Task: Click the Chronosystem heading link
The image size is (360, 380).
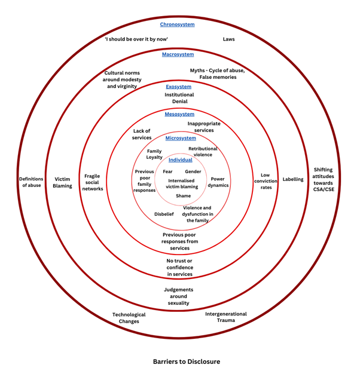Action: [x=177, y=24]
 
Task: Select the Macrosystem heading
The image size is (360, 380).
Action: [x=178, y=54]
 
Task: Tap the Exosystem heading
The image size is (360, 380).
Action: [x=179, y=87]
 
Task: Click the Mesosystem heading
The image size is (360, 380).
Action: [x=179, y=114]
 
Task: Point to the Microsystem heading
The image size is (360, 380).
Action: [x=181, y=138]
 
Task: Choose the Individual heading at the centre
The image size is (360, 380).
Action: [x=180, y=160]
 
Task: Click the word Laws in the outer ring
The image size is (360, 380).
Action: [x=228, y=39]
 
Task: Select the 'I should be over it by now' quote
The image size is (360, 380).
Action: [x=136, y=39]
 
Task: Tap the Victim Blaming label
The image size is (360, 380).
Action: [x=62, y=182]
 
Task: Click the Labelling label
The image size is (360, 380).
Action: [x=293, y=179]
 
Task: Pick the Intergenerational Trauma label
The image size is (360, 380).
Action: [x=226, y=317]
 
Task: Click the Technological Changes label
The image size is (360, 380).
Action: [x=129, y=318]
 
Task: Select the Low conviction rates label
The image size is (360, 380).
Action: [x=266, y=181]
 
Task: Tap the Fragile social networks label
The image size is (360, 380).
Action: [x=93, y=182]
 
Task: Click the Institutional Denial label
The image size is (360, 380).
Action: [x=179, y=98]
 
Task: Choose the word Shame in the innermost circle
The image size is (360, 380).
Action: [x=183, y=196]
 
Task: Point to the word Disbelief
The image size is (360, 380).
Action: [x=164, y=213]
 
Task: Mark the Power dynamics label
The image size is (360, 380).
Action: [x=218, y=182]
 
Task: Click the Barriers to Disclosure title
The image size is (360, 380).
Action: [x=186, y=361]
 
